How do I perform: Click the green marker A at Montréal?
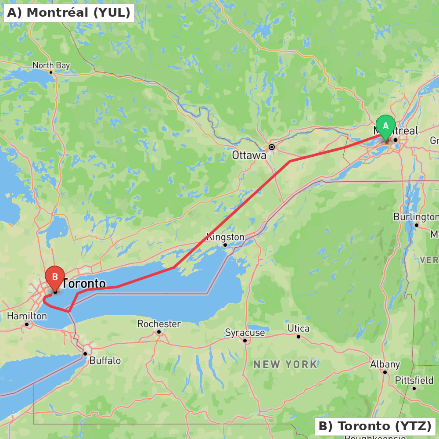(x=386, y=126)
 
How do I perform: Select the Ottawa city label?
(x=249, y=155)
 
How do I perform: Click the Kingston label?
(x=225, y=237)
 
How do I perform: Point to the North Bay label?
(x=51, y=65)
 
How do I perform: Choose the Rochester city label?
(x=159, y=324)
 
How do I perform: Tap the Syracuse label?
(x=245, y=333)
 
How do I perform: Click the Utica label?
(x=299, y=328)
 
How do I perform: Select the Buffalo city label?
(x=105, y=361)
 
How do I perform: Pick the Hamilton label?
(x=27, y=316)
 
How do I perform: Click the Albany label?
(x=385, y=364)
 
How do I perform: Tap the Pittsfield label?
(x=414, y=380)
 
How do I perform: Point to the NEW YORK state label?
(x=285, y=364)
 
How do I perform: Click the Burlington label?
(x=415, y=217)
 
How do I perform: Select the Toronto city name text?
(x=84, y=284)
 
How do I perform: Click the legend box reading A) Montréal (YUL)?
(x=69, y=12)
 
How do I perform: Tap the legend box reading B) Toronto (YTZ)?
(x=375, y=426)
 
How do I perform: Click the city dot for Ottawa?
(x=272, y=147)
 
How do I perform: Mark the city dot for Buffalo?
(x=85, y=353)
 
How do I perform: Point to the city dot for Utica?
(x=299, y=337)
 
